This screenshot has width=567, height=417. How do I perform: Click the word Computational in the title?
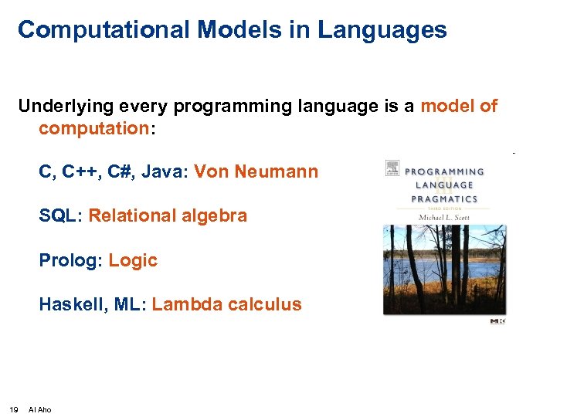point(104,30)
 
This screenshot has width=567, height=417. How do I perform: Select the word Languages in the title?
point(382,30)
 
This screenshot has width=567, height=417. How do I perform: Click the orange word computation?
point(93,128)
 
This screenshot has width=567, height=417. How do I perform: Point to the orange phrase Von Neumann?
point(256,171)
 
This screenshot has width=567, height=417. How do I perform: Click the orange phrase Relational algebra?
point(168,216)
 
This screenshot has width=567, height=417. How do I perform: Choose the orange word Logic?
point(133,261)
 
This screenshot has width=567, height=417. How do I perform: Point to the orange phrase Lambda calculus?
point(226,305)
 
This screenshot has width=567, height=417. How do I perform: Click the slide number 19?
point(14,409)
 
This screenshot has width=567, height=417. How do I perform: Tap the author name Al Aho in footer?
point(39,409)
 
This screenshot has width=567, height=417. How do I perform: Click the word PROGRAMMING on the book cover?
point(446,172)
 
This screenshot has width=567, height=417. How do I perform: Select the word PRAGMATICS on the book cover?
point(444,198)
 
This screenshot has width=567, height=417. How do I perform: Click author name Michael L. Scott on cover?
point(444,216)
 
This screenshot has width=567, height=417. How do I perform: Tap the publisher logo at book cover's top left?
point(392,169)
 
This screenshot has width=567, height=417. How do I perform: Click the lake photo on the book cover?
point(445,270)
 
